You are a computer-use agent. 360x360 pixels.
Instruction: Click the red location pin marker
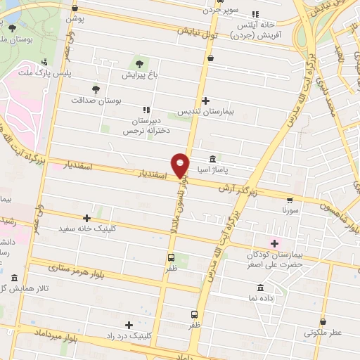(181, 165)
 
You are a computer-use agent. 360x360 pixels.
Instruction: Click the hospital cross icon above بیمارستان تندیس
(205, 101)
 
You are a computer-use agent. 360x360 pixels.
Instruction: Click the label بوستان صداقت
(96, 101)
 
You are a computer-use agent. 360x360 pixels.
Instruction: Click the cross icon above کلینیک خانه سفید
(86, 218)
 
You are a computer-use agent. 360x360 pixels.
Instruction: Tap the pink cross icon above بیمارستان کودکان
(275, 243)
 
